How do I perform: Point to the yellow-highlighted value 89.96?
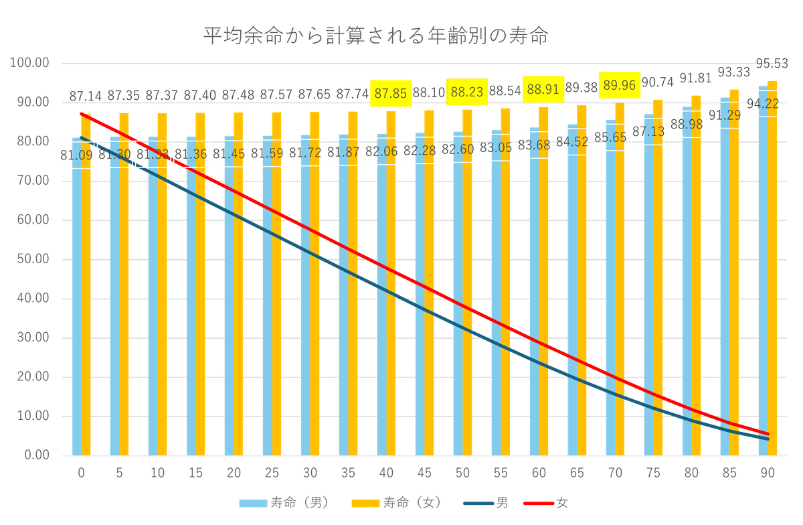pyautogui.click(x=620, y=85)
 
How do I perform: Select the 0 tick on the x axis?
pyautogui.click(x=81, y=474)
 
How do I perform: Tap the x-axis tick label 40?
pyautogui.click(x=386, y=474)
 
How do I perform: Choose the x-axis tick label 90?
pyautogui.click(x=768, y=474)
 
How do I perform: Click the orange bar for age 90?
pyautogui.click(x=773, y=268)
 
